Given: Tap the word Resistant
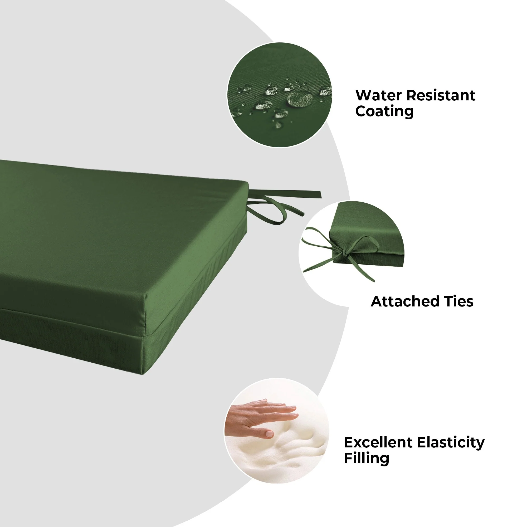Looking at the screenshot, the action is point(441,95).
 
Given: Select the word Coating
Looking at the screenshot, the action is point(384,111).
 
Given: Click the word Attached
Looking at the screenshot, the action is point(405,302).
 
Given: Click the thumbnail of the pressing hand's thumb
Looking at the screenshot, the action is point(270,434).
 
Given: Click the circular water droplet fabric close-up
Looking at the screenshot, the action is point(280,95).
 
